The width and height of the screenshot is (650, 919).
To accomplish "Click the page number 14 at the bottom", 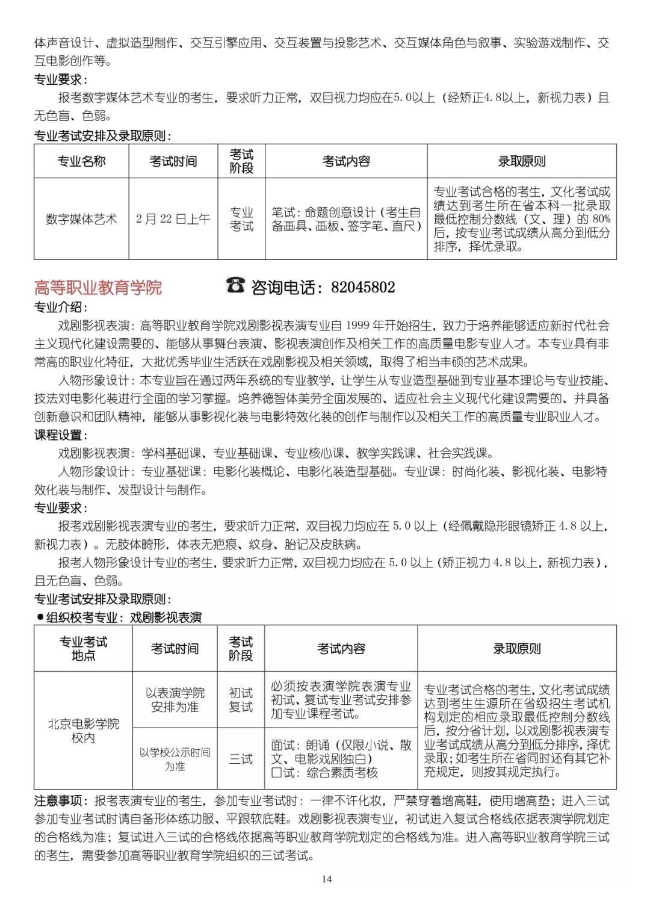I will (326, 879).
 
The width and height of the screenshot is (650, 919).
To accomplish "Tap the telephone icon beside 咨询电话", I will (235, 285).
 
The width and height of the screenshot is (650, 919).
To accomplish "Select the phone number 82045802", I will (363, 287).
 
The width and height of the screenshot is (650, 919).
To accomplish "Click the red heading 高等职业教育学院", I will (98, 288).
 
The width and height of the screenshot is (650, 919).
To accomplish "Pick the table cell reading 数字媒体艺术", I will (81, 219).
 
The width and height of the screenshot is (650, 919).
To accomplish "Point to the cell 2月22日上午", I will (173, 219).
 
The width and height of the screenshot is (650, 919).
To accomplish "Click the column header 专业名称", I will (81, 161).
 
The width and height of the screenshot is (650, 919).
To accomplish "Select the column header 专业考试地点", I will (83, 649).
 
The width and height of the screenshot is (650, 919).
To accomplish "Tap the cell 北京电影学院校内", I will (83, 730).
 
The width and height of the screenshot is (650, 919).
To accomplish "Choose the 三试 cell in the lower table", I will (241, 759).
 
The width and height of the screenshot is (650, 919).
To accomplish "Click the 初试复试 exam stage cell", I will (241, 700).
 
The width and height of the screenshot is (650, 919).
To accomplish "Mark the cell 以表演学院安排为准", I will (175, 700).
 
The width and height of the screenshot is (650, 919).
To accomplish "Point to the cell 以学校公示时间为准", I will (175, 759).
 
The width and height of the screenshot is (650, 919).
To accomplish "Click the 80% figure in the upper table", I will (601, 219).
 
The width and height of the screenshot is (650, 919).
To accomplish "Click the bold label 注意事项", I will (58, 800).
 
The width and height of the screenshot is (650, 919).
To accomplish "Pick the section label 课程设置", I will (60, 435).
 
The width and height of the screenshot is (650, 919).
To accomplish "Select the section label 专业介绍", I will (60, 308).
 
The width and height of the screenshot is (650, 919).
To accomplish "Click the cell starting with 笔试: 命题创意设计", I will (346, 219).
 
